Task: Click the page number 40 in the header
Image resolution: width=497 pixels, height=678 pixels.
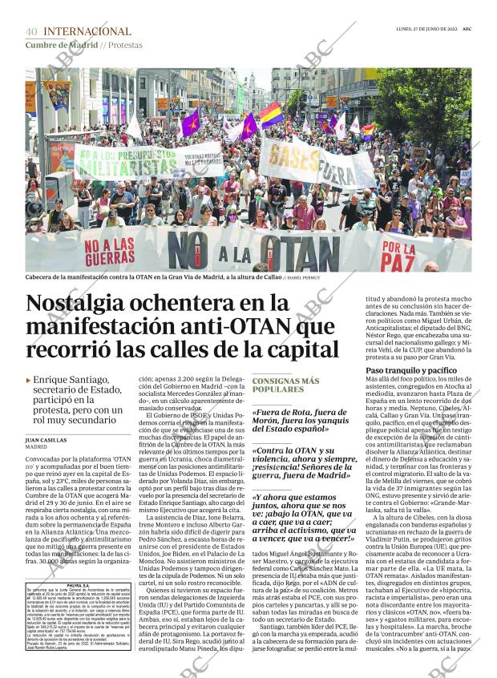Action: tap(31, 32)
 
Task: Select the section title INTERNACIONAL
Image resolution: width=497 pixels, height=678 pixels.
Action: tap(87, 32)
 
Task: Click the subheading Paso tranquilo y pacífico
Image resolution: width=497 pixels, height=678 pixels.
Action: tap(410, 371)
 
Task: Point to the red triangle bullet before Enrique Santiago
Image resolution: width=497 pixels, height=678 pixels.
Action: tap(29, 380)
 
